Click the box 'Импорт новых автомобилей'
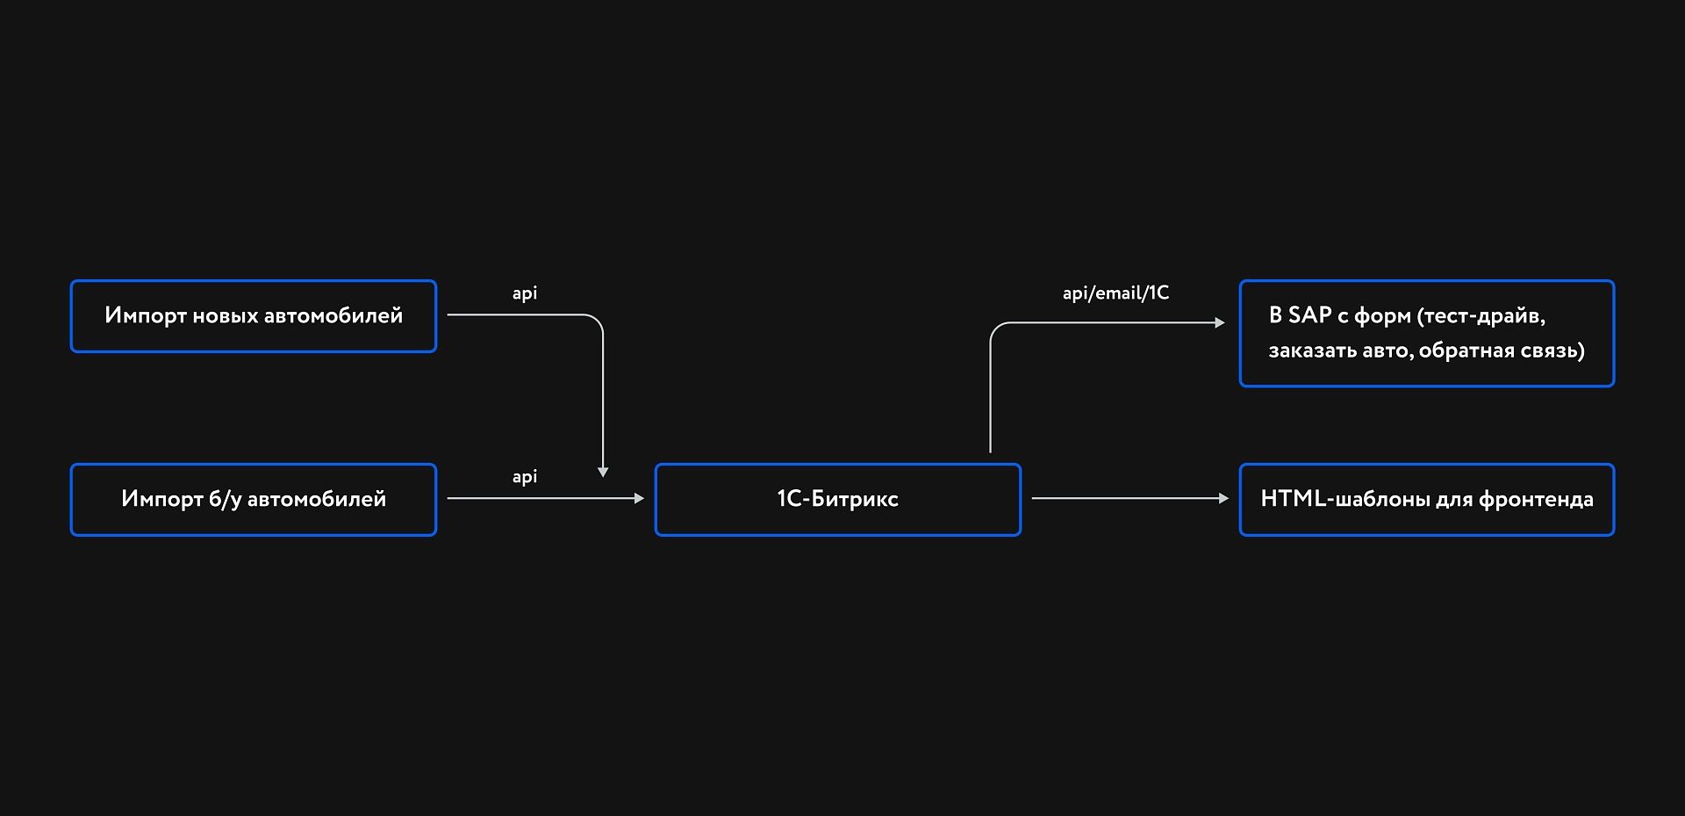tap(253, 316)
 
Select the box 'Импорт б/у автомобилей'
tap(253, 500)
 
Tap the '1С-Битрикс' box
tap(837, 500)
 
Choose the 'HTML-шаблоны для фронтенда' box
tap(1426, 500)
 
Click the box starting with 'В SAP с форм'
tap(1426, 334)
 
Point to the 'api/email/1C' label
tap(1115, 293)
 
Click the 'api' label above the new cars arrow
tap(525, 293)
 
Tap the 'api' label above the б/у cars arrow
tap(525, 477)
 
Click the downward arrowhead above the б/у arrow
tap(603, 473)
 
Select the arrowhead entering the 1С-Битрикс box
tap(639, 498)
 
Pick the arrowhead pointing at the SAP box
tap(1219, 322)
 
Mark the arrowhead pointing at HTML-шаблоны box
tap(1223, 498)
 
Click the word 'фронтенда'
tap(1536, 500)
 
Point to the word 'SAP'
tap(1309, 315)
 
